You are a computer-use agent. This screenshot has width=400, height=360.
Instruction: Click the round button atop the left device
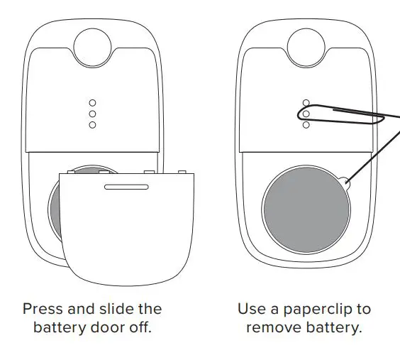click(92, 43)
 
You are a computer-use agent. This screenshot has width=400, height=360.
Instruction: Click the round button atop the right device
click(306, 43)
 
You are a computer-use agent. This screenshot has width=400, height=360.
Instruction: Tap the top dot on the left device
click(92, 102)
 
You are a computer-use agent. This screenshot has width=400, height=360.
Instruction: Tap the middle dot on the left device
click(92, 114)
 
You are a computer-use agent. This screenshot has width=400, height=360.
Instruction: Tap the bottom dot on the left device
click(92, 125)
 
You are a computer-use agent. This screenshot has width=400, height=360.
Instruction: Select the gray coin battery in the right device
click(306, 206)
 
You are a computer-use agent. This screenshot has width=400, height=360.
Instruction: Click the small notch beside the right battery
click(344, 183)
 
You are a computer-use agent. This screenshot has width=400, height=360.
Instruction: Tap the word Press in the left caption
click(43, 309)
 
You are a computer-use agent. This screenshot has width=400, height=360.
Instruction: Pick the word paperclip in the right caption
click(334, 309)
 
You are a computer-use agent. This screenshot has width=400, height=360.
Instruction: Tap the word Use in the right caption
click(250, 309)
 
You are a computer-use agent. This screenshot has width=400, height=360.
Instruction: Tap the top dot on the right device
click(306, 102)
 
